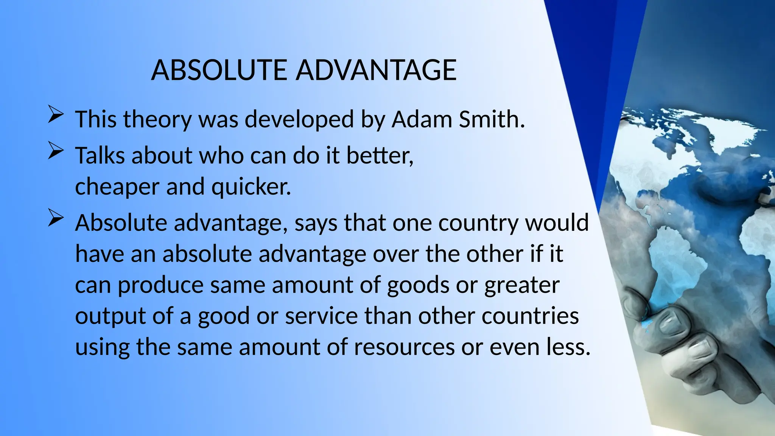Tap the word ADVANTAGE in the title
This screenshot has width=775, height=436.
coord(376,70)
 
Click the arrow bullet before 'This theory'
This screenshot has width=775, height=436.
coord(55,115)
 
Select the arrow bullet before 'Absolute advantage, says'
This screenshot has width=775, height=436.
coord(55,219)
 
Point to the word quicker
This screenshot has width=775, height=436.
coord(251,187)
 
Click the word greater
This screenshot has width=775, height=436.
coord(522,285)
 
